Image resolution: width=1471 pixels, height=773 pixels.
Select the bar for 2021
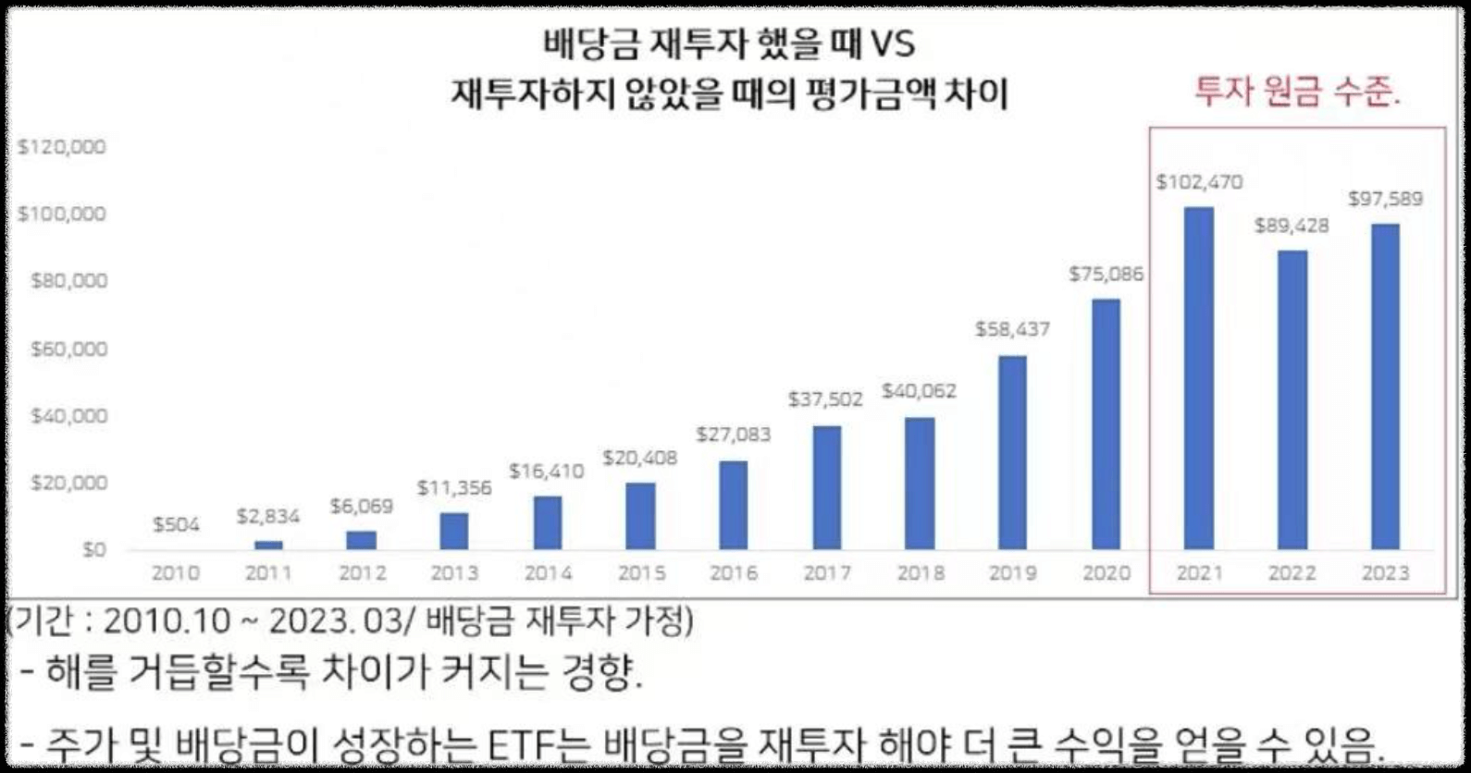pyautogui.click(x=1199, y=379)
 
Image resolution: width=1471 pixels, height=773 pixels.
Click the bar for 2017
pyautogui.click(x=826, y=488)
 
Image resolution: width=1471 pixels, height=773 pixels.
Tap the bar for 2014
pyautogui.click(x=547, y=523)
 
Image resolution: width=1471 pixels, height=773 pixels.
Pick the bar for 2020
pyautogui.click(x=1106, y=424)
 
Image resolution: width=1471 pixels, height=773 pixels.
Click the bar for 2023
pyautogui.click(x=1385, y=387)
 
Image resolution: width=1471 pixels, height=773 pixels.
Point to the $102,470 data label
pyautogui.click(x=1199, y=182)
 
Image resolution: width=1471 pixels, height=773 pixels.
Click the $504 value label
pyautogui.click(x=176, y=524)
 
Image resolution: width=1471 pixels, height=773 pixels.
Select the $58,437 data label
pyautogui.click(x=1012, y=329)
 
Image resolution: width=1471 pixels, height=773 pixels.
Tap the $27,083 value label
pyautogui.click(x=733, y=435)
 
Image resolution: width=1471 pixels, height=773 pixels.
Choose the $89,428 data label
pyautogui.click(x=1292, y=226)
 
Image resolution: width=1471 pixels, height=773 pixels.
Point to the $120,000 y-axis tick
pyautogui.click(x=62, y=147)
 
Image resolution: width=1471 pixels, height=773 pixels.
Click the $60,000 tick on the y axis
pyautogui.click(x=68, y=349)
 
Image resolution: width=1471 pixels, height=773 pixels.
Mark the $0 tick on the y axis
pyautogui.click(x=94, y=550)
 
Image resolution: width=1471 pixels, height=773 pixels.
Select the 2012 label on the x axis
pyautogui.click(x=362, y=573)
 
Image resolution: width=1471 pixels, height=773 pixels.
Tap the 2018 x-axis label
pyautogui.click(x=920, y=573)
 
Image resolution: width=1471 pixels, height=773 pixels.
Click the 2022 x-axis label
pyautogui.click(x=1292, y=573)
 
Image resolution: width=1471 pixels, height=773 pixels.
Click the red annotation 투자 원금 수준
pyautogui.click(x=1297, y=92)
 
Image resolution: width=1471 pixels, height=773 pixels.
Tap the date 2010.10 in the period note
pyautogui.click(x=167, y=620)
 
